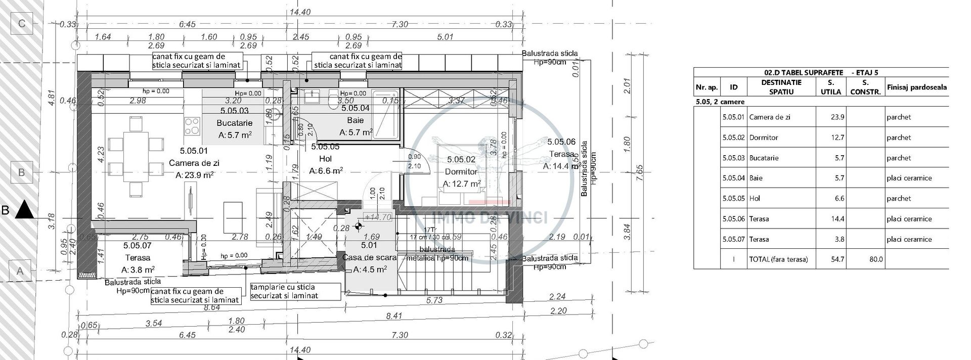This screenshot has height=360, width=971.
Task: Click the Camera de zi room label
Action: [x=194, y=163]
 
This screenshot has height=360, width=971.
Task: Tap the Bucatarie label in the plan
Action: [x=234, y=123]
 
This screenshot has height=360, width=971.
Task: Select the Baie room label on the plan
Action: [x=356, y=120]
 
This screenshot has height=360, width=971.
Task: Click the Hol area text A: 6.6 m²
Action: [x=326, y=171]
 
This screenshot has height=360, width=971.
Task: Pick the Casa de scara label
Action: [x=370, y=257]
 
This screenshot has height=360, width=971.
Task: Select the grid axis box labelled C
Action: [x=22, y=23]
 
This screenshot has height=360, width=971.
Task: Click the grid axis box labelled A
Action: [x=21, y=271]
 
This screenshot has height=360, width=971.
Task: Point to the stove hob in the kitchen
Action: [x=192, y=126]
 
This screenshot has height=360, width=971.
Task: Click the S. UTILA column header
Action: [x=830, y=87]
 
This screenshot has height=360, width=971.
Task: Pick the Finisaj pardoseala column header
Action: [x=916, y=87]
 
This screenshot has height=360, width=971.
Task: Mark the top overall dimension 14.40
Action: [x=300, y=12]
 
